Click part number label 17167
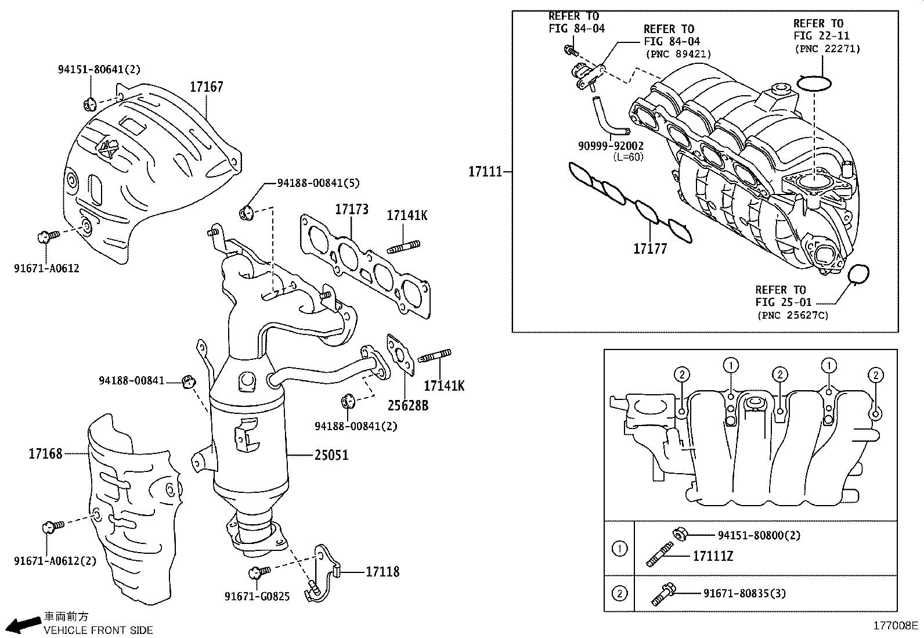(206, 87)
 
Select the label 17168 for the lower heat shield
(45, 453)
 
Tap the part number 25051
(331, 455)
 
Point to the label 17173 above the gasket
(351, 209)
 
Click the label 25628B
(408, 405)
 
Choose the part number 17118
(382, 572)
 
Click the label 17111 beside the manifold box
(485, 172)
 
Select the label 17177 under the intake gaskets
(650, 249)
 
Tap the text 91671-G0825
(257, 596)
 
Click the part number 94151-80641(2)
(99, 70)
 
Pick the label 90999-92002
(611, 146)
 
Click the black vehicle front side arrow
(25, 624)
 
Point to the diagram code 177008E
(896, 626)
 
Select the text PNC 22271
(827, 49)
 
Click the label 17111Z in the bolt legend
(713, 556)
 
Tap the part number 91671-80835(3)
(745, 593)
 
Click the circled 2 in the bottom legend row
(620, 593)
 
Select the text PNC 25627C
(793, 315)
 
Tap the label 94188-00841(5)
(318, 183)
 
